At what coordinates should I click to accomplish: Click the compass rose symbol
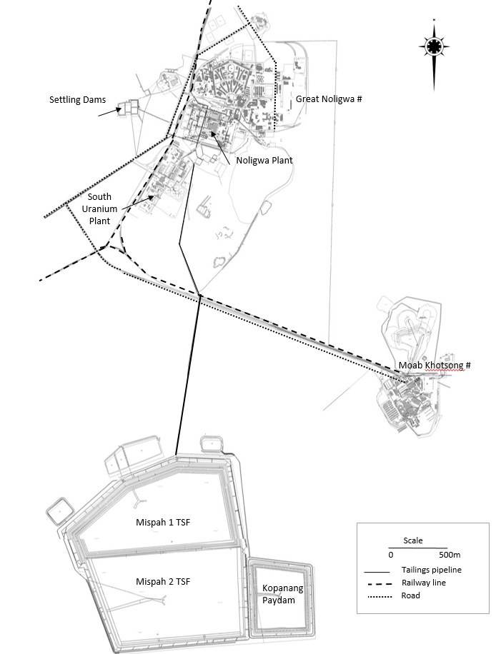[433, 47]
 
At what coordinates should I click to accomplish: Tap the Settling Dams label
[76, 99]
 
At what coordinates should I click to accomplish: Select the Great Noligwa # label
[329, 99]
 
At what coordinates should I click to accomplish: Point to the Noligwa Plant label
[264, 161]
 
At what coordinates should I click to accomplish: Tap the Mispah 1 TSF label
[164, 522]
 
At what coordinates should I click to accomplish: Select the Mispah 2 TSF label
[164, 582]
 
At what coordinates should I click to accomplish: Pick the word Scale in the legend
[413, 540]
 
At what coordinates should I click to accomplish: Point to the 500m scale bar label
[449, 555]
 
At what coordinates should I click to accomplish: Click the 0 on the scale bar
[391, 555]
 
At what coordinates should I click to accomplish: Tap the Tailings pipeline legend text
[431, 570]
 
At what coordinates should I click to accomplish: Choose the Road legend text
[411, 595]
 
